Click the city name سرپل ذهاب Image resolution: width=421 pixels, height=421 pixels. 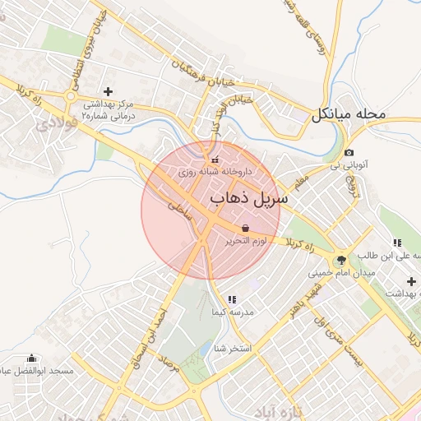[x=248, y=199]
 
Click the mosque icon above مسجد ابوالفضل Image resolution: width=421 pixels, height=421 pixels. [x=32, y=358]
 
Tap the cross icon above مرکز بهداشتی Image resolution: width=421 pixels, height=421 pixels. [x=108, y=91]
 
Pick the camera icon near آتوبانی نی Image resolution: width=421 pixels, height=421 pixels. [x=349, y=153]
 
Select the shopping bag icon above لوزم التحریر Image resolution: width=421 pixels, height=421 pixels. [x=245, y=228]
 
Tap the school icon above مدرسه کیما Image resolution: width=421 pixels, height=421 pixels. [x=232, y=300]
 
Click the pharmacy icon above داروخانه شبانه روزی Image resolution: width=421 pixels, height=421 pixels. [x=215, y=160]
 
